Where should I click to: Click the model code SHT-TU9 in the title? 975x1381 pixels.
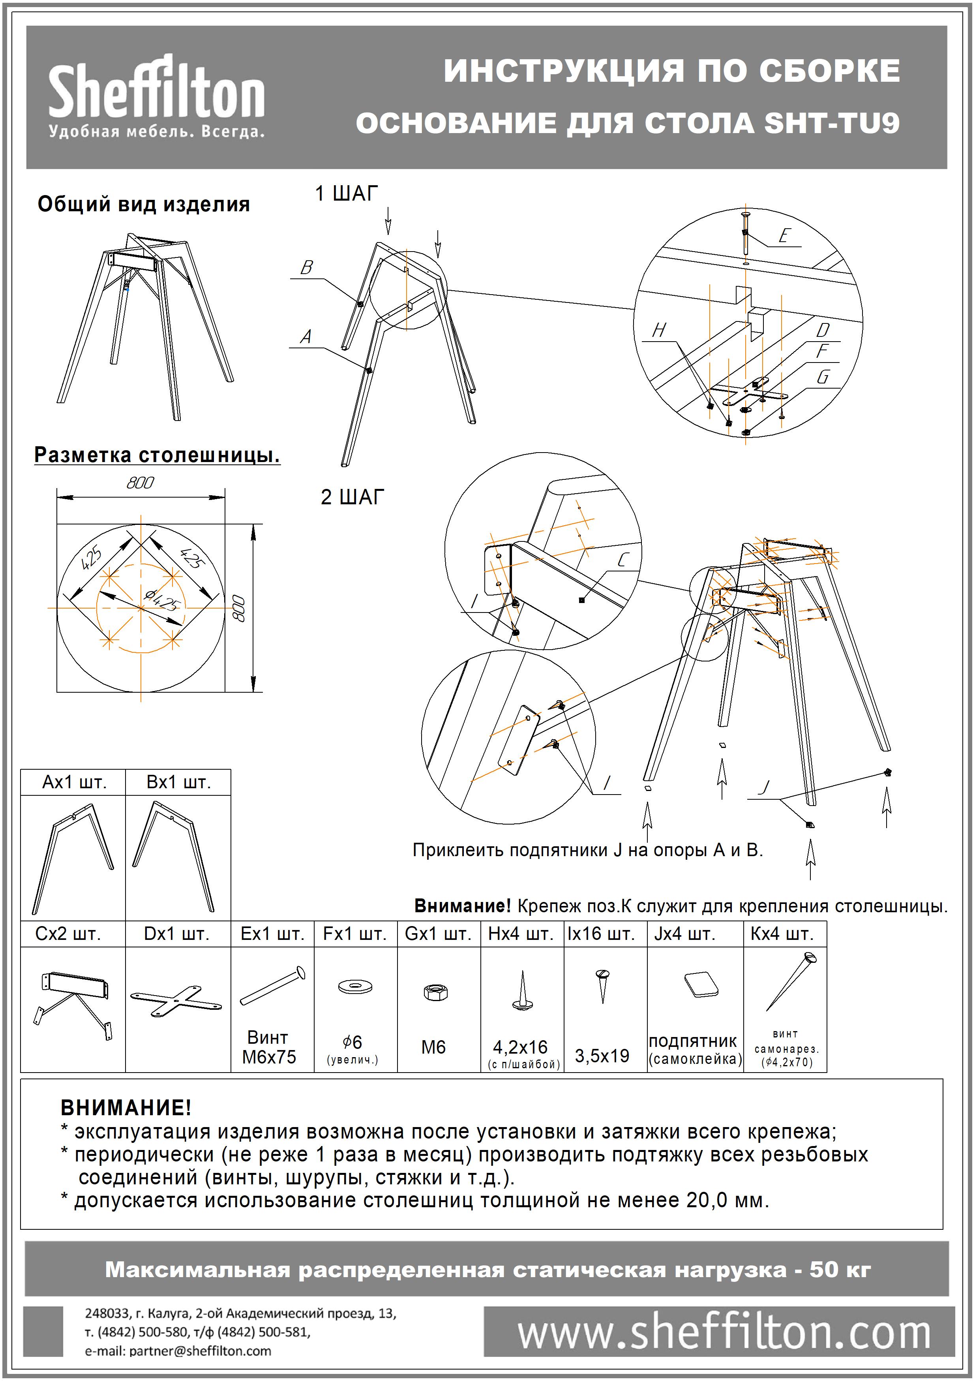point(832,123)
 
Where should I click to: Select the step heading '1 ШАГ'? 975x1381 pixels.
point(347,194)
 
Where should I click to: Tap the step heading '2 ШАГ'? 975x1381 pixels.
point(353,498)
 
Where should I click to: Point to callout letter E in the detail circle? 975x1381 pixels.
point(783,236)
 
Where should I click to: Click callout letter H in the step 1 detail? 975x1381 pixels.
point(660,330)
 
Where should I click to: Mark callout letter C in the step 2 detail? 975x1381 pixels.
point(623,560)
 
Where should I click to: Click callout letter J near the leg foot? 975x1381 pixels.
point(764,787)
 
